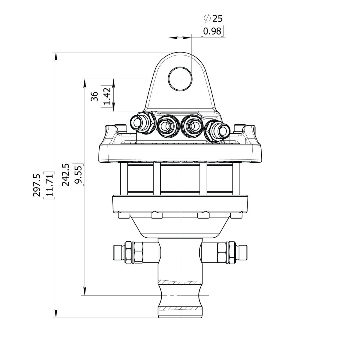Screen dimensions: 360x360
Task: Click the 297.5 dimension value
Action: tap(37, 185)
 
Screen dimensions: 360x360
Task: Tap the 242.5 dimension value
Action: tap(65, 175)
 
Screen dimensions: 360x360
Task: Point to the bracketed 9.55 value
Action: tap(78, 175)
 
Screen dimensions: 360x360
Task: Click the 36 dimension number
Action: tap(94, 96)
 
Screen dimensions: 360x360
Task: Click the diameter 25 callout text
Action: tap(213, 19)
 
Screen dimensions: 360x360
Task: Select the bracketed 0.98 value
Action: tap(212, 31)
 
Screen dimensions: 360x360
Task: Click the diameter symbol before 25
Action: tap(207, 18)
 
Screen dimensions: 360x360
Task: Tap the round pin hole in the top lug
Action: tap(180, 79)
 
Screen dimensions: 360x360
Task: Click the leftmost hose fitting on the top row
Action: tap(143, 123)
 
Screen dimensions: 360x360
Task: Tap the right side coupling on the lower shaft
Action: tap(224, 252)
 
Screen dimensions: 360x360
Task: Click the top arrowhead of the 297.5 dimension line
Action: tap(56, 57)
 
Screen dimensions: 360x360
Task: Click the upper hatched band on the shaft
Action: tap(180, 287)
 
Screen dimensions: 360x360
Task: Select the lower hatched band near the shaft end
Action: tap(180, 314)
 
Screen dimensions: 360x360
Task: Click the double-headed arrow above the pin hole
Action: tap(180, 38)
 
